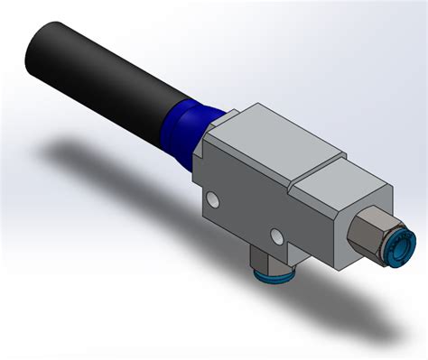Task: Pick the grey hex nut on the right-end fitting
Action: point(366,230)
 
